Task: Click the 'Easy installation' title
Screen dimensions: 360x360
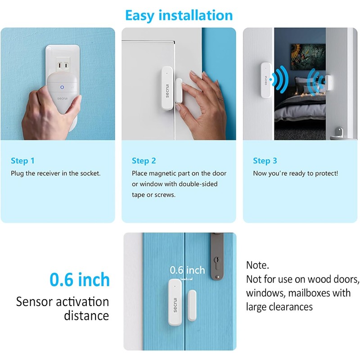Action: pos(179,15)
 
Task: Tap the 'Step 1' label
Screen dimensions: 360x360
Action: pos(22,161)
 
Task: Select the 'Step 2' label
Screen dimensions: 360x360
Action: pos(144,161)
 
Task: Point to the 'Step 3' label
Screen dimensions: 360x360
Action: pos(265,161)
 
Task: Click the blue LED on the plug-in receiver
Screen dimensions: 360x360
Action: pos(62,87)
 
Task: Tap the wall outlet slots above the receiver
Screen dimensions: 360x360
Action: pos(63,67)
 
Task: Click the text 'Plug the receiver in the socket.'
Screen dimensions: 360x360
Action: pos(55,173)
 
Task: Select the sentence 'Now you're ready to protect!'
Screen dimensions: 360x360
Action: pos(295,173)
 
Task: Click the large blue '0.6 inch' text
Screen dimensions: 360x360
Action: pos(80,279)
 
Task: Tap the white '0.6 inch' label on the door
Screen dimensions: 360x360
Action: pos(187,270)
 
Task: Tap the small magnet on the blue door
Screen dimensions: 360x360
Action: pos(192,305)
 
